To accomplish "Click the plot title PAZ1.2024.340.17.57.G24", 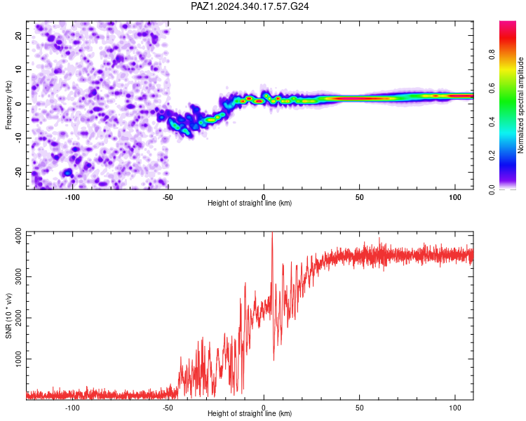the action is tap(250, 6).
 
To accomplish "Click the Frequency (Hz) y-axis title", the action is tap(8, 105).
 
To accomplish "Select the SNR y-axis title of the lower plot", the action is tap(8, 316).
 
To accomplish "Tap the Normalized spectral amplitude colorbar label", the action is tap(520, 105).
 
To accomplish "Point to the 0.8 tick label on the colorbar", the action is tap(492, 54).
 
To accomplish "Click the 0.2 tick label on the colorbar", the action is tap(492, 156).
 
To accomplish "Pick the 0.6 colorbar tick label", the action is tap(492, 88).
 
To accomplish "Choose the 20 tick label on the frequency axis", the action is tap(18, 35).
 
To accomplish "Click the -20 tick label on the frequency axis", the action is tap(18, 173).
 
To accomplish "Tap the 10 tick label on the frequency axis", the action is tap(18, 69).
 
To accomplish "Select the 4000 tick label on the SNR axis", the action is tap(18, 236).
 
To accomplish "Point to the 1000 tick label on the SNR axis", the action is tap(18, 359).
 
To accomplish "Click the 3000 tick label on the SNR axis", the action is tap(18, 277).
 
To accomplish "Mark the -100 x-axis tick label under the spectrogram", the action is tap(72, 197).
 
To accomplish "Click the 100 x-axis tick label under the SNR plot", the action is tap(455, 408).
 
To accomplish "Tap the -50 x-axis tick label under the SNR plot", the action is tap(168, 408).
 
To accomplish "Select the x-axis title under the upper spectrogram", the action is tap(250, 203).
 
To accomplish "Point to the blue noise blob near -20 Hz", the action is tap(68, 173).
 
